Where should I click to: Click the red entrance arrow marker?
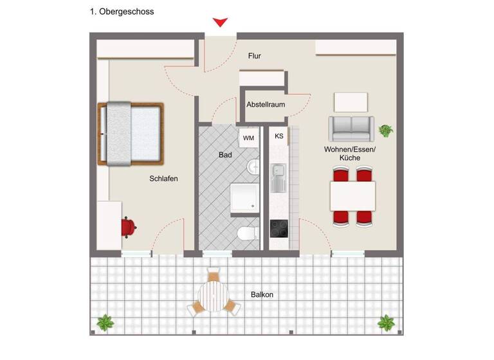click(221, 22)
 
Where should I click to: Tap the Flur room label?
click(255, 56)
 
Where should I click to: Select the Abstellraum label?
click(266, 104)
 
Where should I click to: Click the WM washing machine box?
click(248, 138)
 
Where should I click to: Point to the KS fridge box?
click(279, 136)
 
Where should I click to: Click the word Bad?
click(225, 155)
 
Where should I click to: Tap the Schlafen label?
click(163, 179)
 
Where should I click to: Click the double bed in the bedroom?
click(132, 134)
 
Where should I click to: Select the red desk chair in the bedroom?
click(128, 226)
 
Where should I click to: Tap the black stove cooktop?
click(279, 229)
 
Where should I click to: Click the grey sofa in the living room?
click(351, 129)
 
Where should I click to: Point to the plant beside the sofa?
click(386, 130)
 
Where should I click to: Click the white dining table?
click(352, 195)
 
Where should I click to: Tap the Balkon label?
click(262, 295)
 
